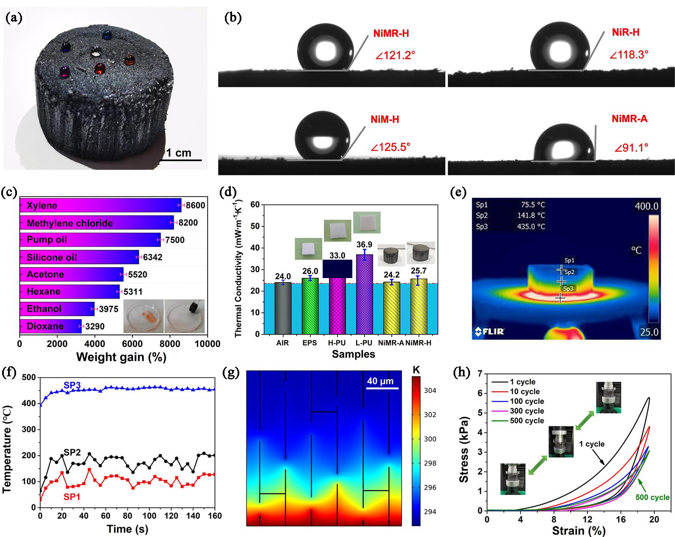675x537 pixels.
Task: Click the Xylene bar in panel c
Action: click(x=100, y=206)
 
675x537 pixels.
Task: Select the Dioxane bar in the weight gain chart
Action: click(x=50, y=326)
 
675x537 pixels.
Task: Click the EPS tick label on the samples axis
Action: click(x=310, y=343)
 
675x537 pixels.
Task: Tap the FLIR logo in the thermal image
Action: click(x=490, y=331)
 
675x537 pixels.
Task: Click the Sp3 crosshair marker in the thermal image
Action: click(x=560, y=298)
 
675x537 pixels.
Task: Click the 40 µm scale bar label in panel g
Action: click(x=380, y=381)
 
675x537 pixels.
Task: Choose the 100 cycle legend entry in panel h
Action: click(x=527, y=401)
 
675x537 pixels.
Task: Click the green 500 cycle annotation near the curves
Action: click(x=653, y=497)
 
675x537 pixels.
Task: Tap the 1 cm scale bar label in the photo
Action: click(x=178, y=153)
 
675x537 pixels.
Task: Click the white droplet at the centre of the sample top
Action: click(x=97, y=54)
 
